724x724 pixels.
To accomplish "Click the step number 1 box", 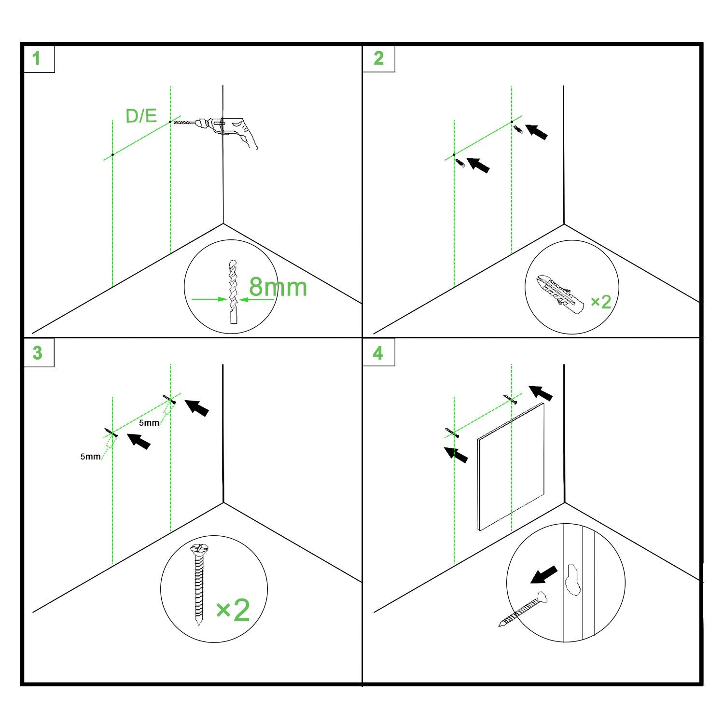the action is (x=38, y=58).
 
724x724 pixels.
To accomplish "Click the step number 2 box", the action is (x=379, y=58).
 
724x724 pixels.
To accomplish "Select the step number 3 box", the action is (x=38, y=352).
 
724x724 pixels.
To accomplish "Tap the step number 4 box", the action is (x=379, y=352).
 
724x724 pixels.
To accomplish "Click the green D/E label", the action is (x=141, y=116).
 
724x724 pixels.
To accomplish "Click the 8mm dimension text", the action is (x=278, y=287).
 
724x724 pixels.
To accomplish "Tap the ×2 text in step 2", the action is (x=601, y=302).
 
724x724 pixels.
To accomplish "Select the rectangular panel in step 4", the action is (x=511, y=467).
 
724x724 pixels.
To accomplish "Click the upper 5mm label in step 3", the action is (x=149, y=423).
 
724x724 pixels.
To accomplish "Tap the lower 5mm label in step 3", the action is (x=90, y=456).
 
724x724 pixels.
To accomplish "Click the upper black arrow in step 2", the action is (x=536, y=132).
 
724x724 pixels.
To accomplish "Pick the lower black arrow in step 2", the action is (x=478, y=165).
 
